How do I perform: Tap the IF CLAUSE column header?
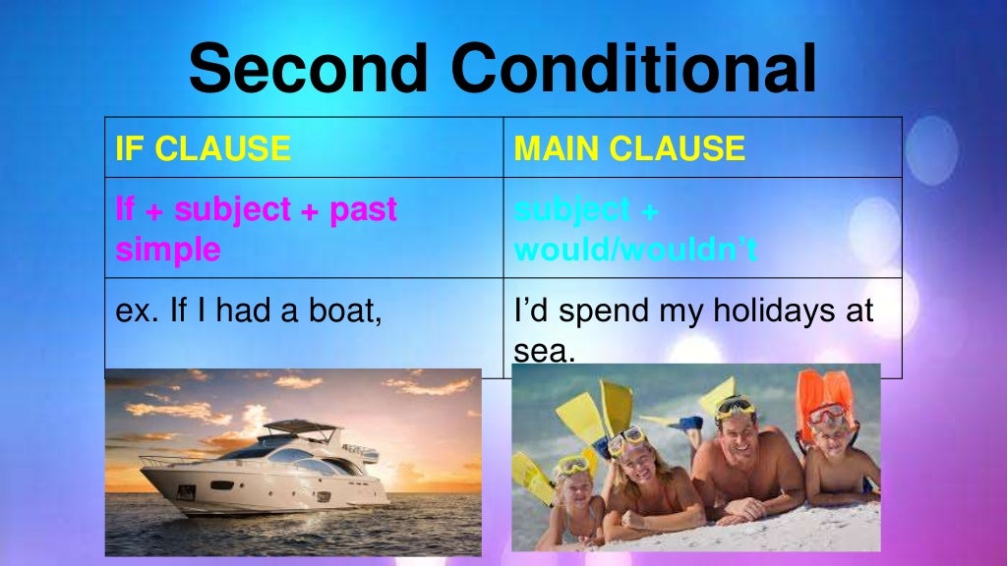pyautogui.click(x=203, y=148)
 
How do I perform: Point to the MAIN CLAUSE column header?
pyautogui.click(x=629, y=148)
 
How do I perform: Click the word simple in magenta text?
pyautogui.click(x=168, y=250)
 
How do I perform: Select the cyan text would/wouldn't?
pyautogui.click(x=635, y=250)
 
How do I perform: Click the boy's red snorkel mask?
pyautogui.click(x=827, y=414)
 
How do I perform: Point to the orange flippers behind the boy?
pyautogui.click(x=824, y=387)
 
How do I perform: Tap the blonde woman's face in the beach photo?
pyautogui.click(x=630, y=456)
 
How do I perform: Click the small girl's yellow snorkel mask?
pyautogui.click(x=571, y=465)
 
